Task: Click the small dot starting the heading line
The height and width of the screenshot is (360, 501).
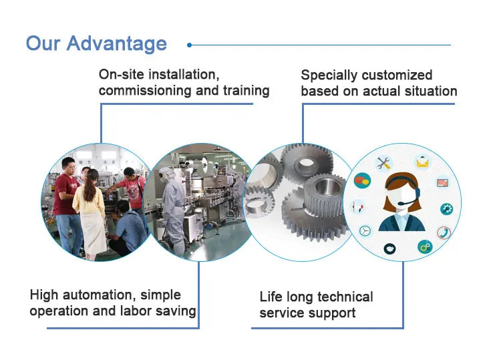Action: (x=190, y=45)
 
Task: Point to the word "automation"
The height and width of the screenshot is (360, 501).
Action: (x=104, y=295)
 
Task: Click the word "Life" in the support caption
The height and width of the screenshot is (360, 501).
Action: (x=271, y=297)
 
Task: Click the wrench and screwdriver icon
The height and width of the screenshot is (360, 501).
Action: (x=384, y=162)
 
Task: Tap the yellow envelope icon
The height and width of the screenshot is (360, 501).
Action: (x=422, y=162)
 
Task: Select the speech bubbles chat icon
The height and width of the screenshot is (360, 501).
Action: (x=362, y=180)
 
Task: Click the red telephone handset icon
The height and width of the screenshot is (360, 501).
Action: (x=444, y=232)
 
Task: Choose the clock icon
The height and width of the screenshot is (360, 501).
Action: (x=365, y=230)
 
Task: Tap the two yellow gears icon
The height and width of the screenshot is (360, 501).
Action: (x=424, y=247)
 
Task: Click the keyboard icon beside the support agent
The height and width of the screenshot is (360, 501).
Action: (x=442, y=182)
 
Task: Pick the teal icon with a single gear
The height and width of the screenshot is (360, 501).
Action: (x=446, y=208)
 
